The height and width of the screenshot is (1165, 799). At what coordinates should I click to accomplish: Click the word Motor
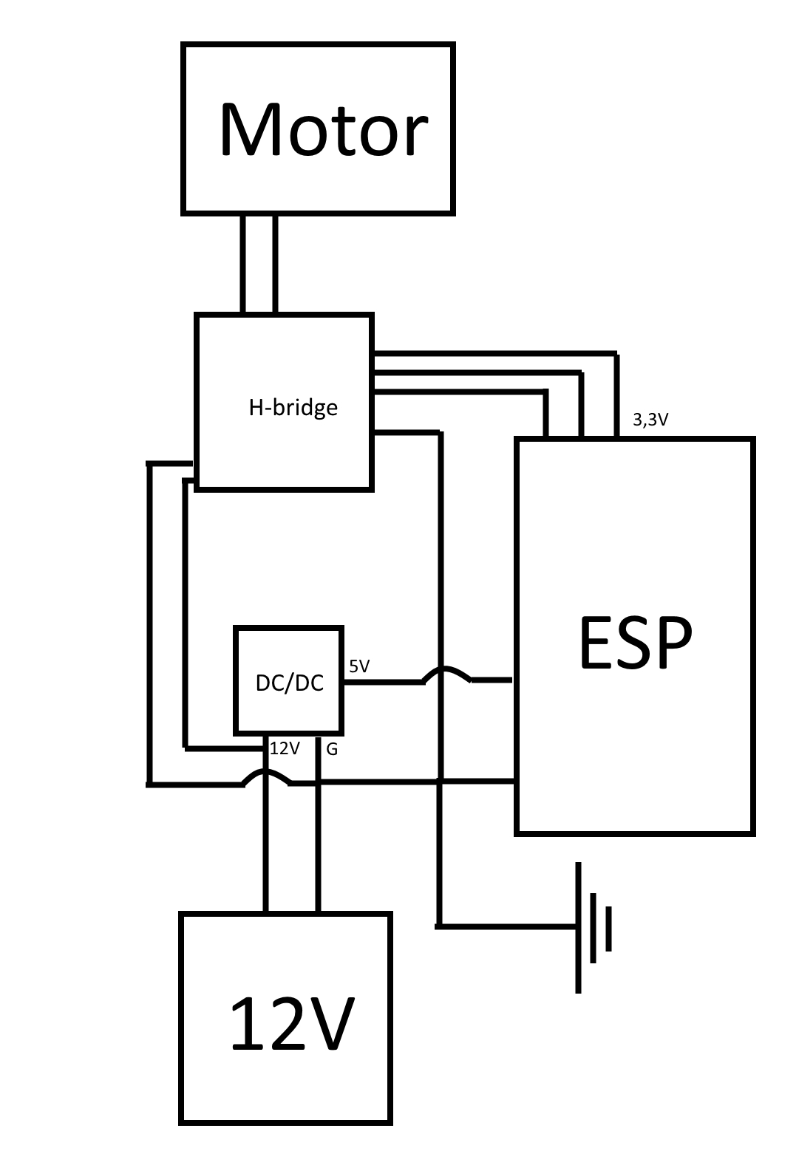(324, 129)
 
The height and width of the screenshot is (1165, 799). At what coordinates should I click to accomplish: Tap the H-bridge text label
(293, 408)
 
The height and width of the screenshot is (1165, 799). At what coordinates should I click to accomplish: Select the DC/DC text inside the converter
(290, 683)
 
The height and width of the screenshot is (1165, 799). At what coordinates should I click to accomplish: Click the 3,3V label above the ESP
(650, 420)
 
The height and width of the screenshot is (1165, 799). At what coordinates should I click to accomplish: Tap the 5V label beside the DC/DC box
(359, 666)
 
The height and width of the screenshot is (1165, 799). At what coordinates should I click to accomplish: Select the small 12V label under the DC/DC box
(285, 748)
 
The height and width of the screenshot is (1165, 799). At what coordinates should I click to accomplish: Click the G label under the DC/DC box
(332, 749)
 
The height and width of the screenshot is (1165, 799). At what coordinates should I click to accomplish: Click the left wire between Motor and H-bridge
(242, 263)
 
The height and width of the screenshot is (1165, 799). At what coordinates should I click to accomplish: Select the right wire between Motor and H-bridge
(275, 263)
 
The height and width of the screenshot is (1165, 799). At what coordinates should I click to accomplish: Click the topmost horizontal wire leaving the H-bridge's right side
(495, 354)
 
